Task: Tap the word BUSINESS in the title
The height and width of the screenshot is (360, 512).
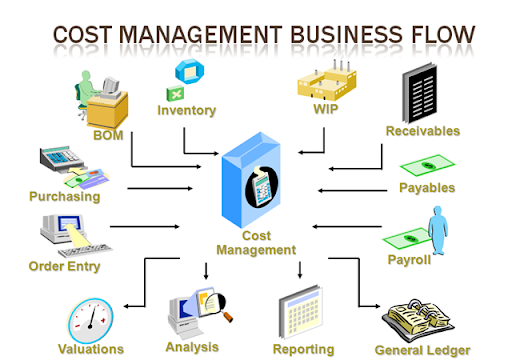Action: click(x=347, y=34)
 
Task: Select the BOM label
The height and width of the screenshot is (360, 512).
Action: click(x=108, y=135)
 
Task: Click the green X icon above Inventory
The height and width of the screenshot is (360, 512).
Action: click(x=175, y=94)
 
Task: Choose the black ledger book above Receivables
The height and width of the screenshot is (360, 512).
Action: click(x=419, y=93)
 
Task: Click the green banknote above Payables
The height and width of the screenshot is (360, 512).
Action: click(x=427, y=165)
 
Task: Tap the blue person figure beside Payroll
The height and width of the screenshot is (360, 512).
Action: click(x=437, y=230)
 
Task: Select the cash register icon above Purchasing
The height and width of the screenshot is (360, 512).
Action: click(x=62, y=159)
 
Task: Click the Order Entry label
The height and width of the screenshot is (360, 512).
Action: click(x=64, y=266)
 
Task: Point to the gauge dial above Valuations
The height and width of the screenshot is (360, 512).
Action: click(x=91, y=321)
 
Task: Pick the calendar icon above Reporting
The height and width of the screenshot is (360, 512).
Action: click(x=301, y=311)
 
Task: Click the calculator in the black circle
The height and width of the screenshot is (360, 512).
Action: click(x=263, y=187)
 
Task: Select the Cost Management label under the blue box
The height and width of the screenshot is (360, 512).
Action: click(x=256, y=243)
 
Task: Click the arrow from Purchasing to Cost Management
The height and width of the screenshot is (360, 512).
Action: click(x=160, y=189)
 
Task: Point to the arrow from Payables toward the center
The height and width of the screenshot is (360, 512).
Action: click(x=352, y=191)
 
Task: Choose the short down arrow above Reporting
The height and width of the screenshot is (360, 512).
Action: click(x=300, y=270)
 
